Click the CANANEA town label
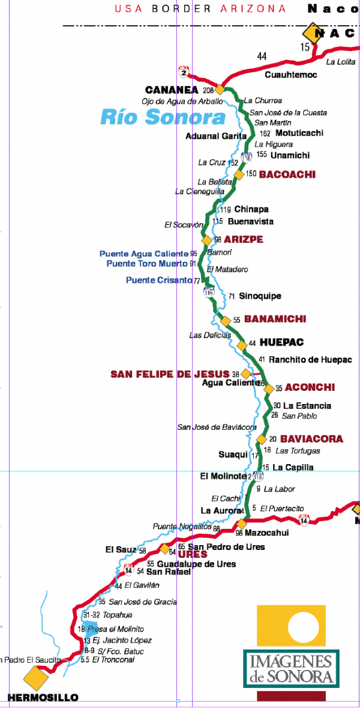click(x=172, y=89)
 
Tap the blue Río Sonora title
click(x=163, y=117)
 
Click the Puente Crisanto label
click(x=159, y=280)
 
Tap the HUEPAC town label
click(x=281, y=342)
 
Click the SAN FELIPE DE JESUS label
click(x=170, y=374)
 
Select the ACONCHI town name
click(x=310, y=387)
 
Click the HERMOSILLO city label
click(x=43, y=698)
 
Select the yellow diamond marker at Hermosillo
click(x=36, y=678)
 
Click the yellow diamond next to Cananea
click(x=220, y=89)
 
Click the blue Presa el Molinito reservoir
click(x=92, y=629)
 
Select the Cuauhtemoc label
click(x=291, y=75)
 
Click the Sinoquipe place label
click(x=260, y=296)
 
